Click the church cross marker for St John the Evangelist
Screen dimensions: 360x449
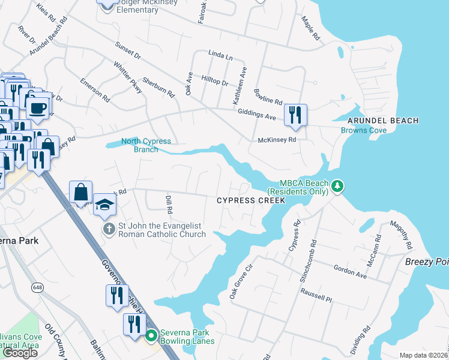(109, 229)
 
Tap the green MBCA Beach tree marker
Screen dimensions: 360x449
(338, 186)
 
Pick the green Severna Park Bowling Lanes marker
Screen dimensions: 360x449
(152, 335)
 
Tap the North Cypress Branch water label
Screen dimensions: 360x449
(146, 145)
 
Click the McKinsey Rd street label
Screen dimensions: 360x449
(277, 140)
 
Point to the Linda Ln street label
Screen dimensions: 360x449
(220, 55)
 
